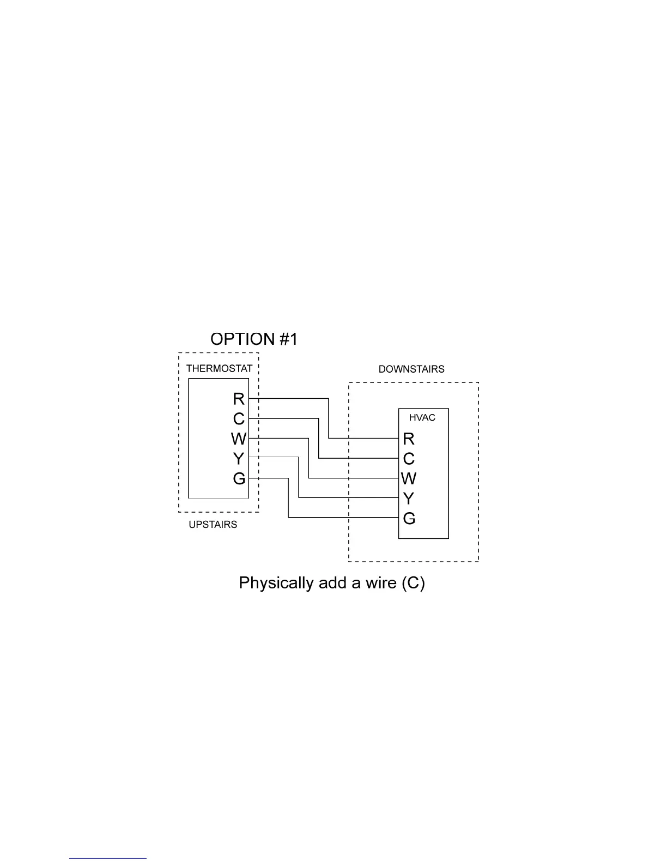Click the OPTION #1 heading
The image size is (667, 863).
[x=254, y=339]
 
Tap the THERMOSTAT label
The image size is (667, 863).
[x=219, y=369]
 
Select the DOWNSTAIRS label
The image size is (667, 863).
[x=411, y=369]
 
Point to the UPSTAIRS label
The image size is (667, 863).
[x=213, y=525]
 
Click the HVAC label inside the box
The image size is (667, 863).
[x=422, y=418]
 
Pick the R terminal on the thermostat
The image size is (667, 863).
[x=239, y=399]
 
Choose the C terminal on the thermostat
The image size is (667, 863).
[x=239, y=419]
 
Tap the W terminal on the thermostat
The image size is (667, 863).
[x=239, y=439]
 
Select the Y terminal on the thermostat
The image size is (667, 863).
[x=239, y=459]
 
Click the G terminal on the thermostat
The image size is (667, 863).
[x=239, y=479]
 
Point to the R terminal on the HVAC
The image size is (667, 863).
[x=409, y=439]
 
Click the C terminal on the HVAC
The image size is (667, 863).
[x=409, y=459]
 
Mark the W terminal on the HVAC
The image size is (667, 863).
[x=409, y=479]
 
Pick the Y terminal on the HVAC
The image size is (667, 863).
[x=409, y=499]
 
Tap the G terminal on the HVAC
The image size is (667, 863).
[x=409, y=519]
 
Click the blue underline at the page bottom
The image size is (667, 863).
[x=108, y=859]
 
